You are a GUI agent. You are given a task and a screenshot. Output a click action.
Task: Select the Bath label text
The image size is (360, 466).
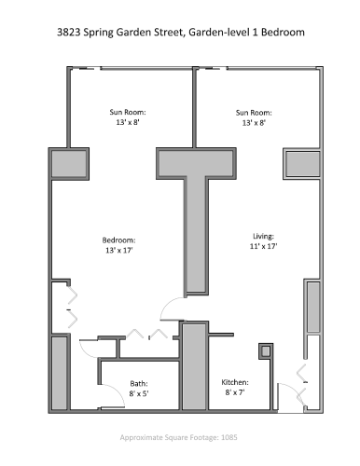[x=138, y=383]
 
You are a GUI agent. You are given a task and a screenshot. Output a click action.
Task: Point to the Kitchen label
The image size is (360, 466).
[x=234, y=383]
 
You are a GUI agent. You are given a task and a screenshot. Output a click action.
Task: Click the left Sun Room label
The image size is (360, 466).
[x=129, y=112]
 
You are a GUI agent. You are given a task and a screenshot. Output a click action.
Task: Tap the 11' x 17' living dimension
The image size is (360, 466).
[x=264, y=246]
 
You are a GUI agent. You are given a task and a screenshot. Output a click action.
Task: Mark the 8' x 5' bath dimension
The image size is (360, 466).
[x=138, y=393]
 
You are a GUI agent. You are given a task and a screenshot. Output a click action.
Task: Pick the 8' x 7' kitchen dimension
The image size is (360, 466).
[x=234, y=393]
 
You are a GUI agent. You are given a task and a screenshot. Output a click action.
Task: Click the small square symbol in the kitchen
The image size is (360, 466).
[x=265, y=351]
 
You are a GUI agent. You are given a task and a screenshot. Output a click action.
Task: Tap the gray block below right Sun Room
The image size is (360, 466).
[x=302, y=162]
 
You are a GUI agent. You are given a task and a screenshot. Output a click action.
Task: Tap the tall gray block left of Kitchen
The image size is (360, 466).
[x=193, y=365]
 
